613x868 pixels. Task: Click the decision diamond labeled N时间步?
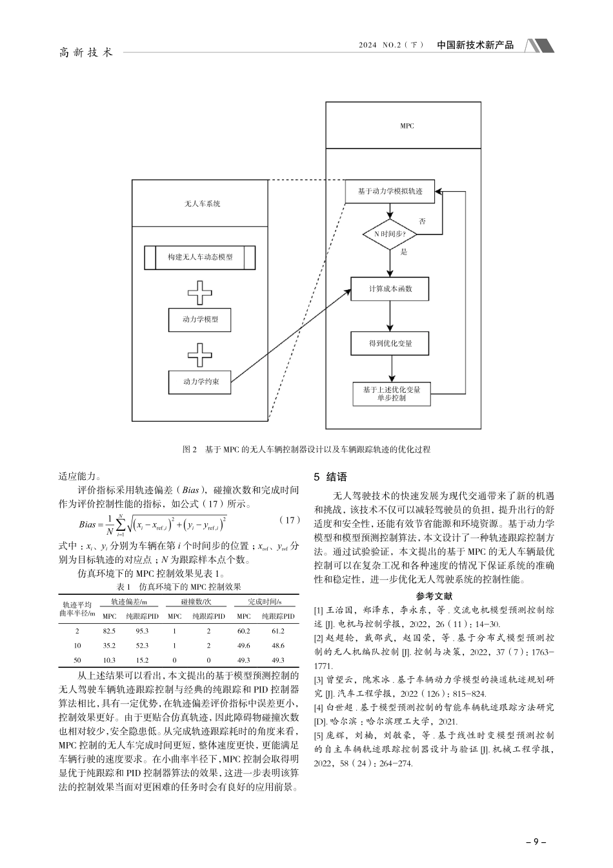point(390,234)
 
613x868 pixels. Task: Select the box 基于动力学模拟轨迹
point(390,192)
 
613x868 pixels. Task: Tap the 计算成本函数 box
point(390,289)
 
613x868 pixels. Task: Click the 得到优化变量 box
point(390,343)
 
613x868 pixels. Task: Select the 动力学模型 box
point(200,319)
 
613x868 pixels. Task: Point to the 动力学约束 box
point(200,382)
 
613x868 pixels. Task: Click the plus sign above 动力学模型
point(200,293)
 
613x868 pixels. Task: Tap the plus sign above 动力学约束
point(200,355)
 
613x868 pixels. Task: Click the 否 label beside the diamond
point(423,221)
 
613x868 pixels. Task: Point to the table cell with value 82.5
point(109,631)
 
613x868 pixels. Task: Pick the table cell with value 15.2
point(142,660)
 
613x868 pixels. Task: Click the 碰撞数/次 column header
point(192,602)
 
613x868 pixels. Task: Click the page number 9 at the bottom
point(536,842)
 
